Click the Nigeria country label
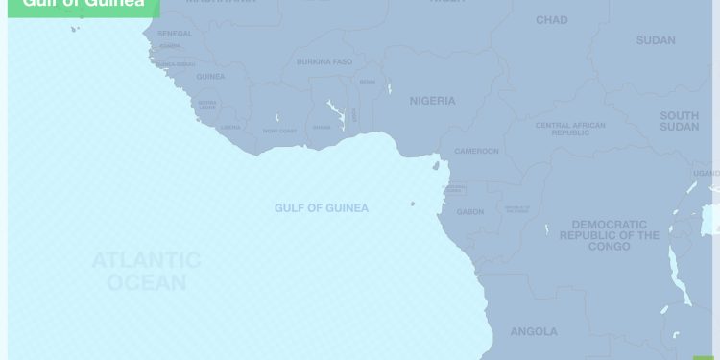(432, 101)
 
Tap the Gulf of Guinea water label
(321, 208)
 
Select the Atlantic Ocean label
(146, 271)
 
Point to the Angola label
(533, 332)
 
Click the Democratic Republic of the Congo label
(610, 235)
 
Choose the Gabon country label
(470, 212)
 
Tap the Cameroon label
(477, 152)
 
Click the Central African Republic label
(570, 129)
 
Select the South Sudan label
(679, 121)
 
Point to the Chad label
(551, 20)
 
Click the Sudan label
(655, 40)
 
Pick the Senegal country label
(174, 34)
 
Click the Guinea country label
(210, 77)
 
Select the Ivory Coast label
(279, 131)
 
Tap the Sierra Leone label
(207, 105)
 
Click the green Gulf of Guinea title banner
(77, 6)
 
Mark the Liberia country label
(230, 127)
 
